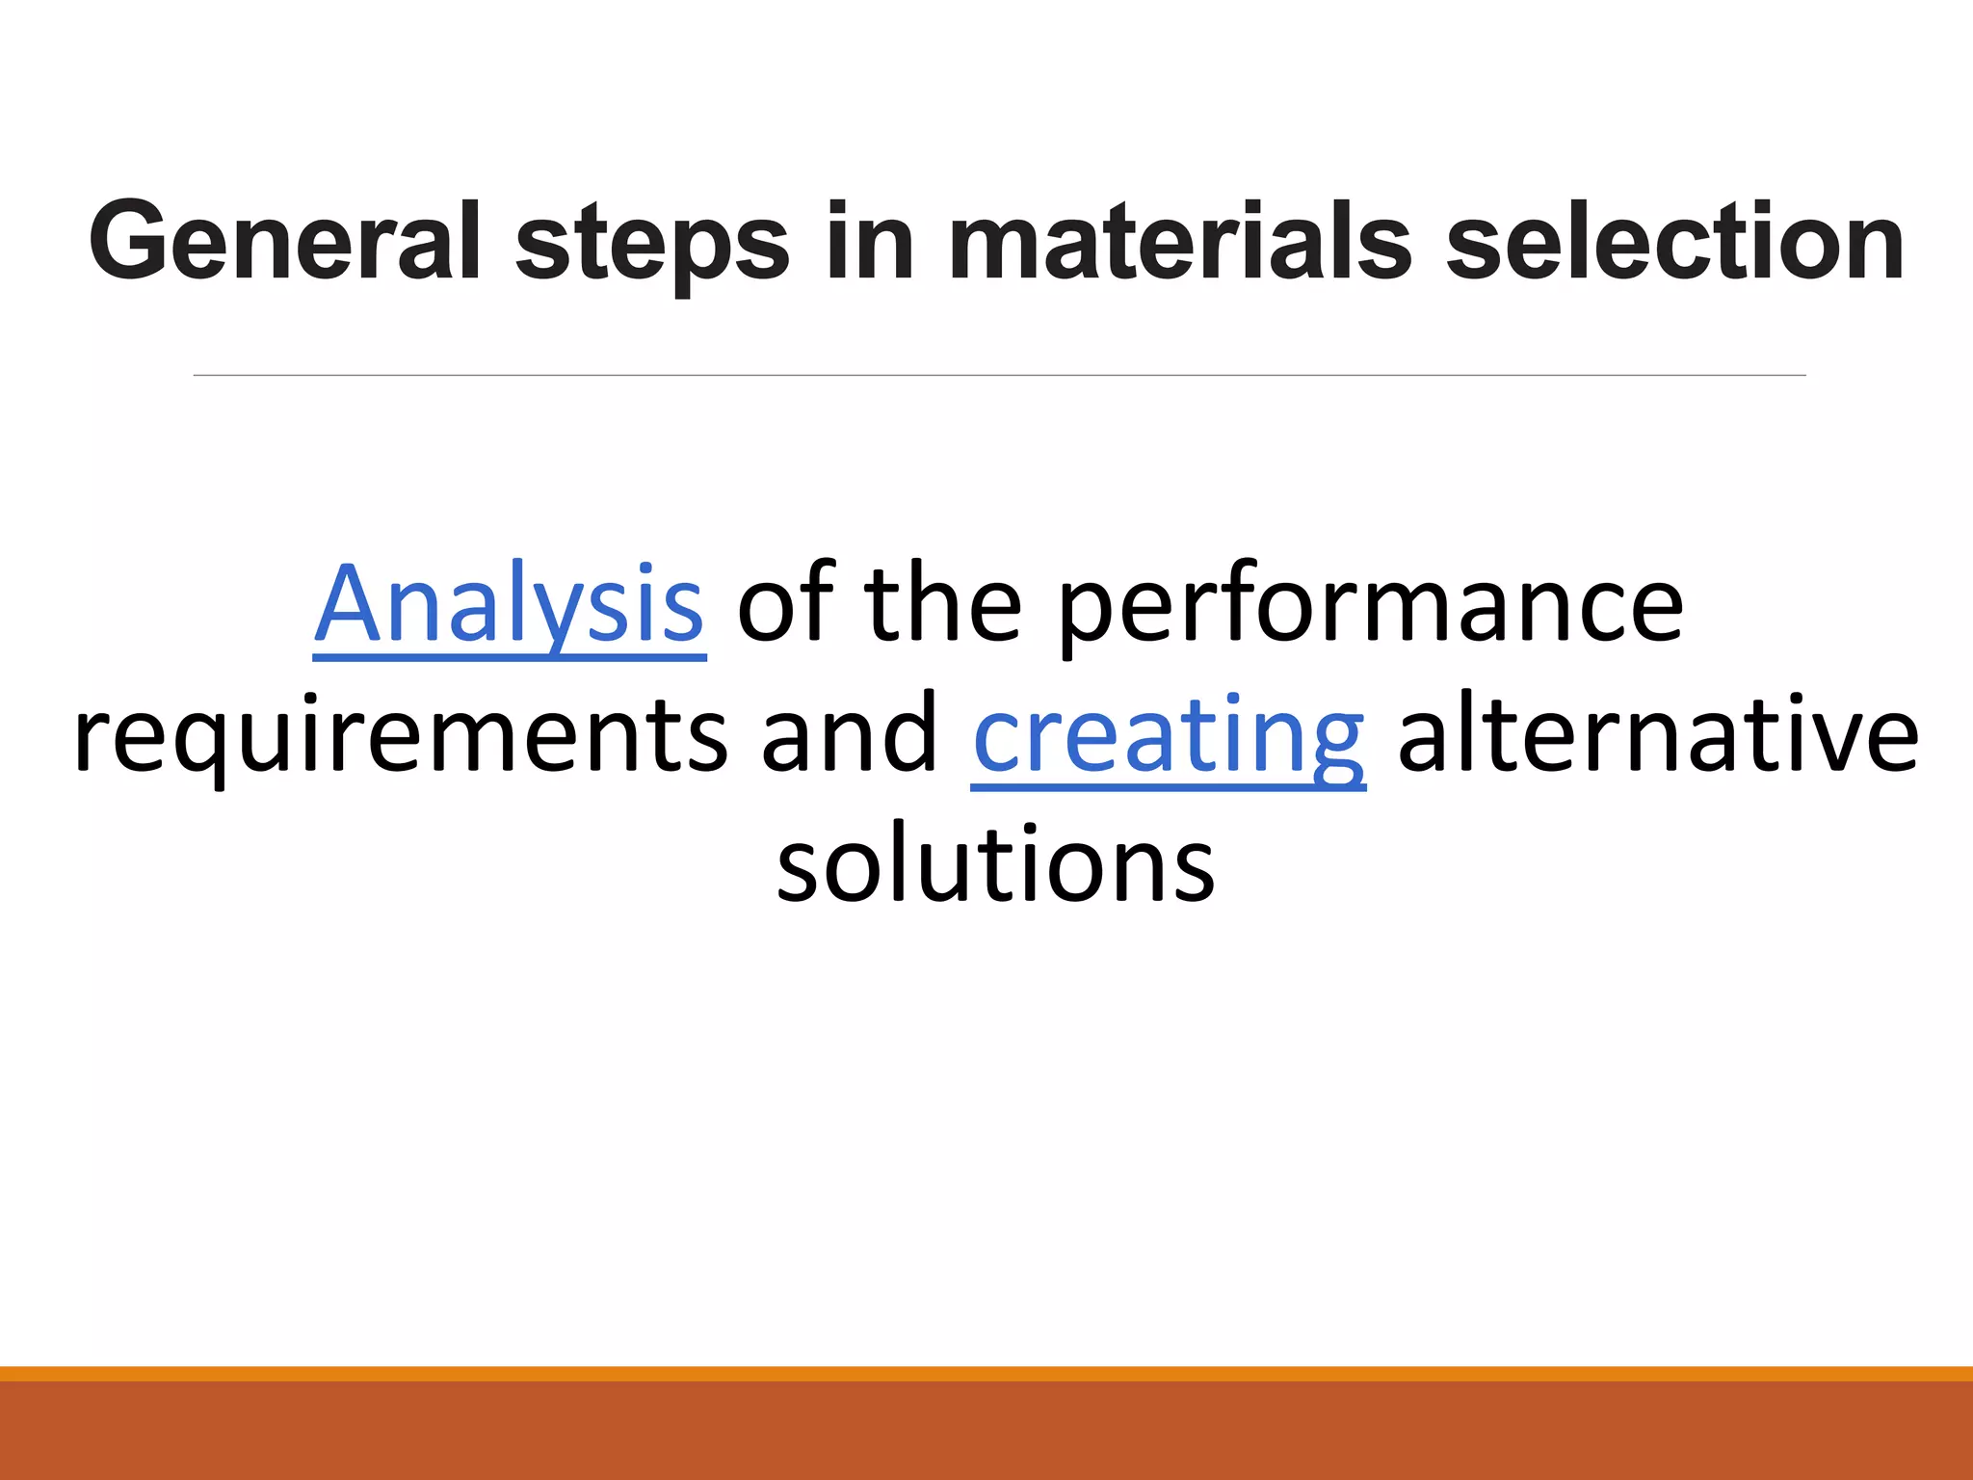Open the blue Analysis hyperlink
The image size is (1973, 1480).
click(x=509, y=604)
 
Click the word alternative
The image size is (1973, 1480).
click(x=1657, y=734)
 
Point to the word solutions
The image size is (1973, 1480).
click(x=995, y=864)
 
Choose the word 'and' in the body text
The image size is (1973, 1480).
click(x=849, y=734)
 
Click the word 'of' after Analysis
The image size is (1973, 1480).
click(x=785, y=604)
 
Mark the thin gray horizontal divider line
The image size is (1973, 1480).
click(x=999, y=375)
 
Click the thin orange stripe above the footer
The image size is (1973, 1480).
click(x=986, y=1373)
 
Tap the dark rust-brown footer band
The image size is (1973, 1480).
click(x=986, y=1431)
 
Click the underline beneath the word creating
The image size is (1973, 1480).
click(x=1168, y=788)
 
